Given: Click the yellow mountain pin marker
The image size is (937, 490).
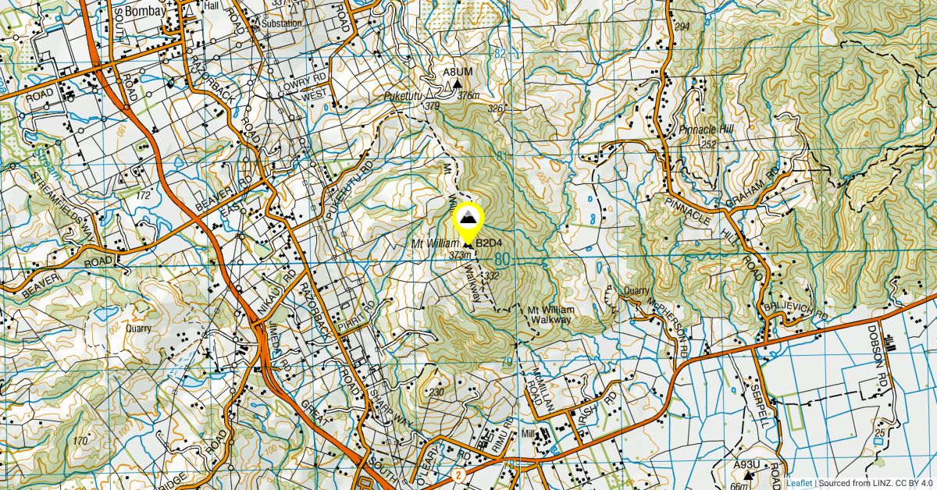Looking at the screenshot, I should point(468,219).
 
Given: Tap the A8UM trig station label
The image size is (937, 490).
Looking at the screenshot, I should point(453,73).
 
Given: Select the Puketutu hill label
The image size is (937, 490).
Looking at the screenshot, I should point(401,96).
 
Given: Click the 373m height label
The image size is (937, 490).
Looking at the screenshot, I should point(461,255).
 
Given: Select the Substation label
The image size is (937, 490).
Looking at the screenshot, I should point(280,23).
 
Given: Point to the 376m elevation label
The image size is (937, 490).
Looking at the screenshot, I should point(468,95).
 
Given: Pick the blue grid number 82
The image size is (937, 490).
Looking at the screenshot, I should point(500,54).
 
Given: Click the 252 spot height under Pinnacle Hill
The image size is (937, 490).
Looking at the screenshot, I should point(708,145).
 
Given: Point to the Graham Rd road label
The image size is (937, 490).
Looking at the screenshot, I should point(753,187).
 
